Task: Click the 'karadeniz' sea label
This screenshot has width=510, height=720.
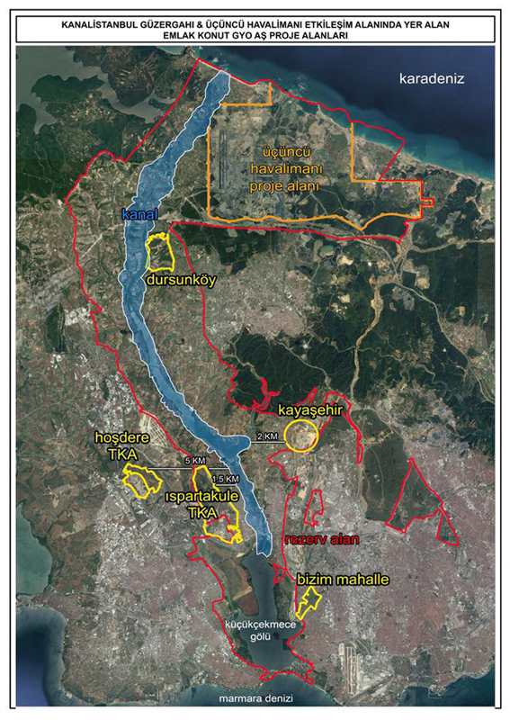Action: click(x=431, y=78)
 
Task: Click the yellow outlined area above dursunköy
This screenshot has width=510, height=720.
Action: click(x=160, y=252)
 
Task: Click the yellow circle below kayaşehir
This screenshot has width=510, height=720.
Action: click(x=300, y=436)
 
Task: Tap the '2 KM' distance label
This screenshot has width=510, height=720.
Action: click(x=267, y=436)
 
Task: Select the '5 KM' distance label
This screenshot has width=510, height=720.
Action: click(x=194, y=461)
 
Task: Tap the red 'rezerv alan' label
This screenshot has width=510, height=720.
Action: click(x=316, y=540)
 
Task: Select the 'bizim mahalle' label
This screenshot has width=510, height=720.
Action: click(x=343, y=580)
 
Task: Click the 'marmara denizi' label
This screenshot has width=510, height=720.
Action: click(x=255, y=697)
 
